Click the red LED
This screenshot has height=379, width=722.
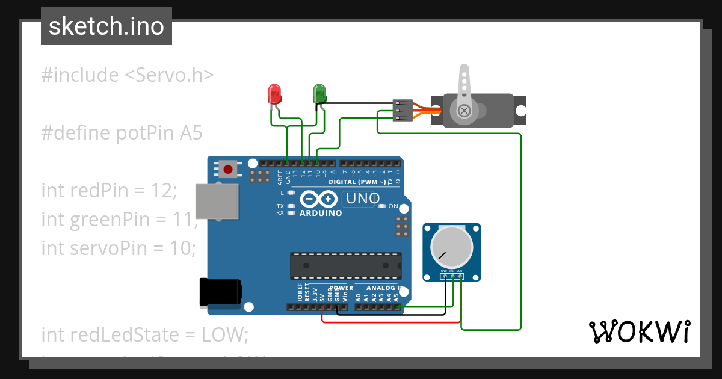pyautogui.click(x=274, y=94)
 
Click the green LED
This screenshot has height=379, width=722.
pyautogui.click(x=319, y=93)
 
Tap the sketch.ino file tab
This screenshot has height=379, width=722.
pyautogui.click(x=106, y=26)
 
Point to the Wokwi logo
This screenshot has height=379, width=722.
pyautogui.click(x=638, y=331)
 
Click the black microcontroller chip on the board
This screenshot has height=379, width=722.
pyautogui.click(x=346, y=263)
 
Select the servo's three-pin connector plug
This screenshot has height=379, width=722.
pyautogui.click(x=402, y=110)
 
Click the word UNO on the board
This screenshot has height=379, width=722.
pyautogui.click(x=361, y=198)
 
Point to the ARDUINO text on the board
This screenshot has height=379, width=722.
pyautogui.click(x=321, y=213)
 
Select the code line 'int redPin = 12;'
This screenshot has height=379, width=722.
pyautogui.click(x=109, y=191)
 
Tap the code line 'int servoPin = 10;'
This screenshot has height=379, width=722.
pyautogui.click(x=119, y=247)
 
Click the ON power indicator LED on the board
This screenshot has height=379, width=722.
pyautogui.click(x=381, y=206)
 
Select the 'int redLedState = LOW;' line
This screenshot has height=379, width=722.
pyautogui.click(x=144, y=334)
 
